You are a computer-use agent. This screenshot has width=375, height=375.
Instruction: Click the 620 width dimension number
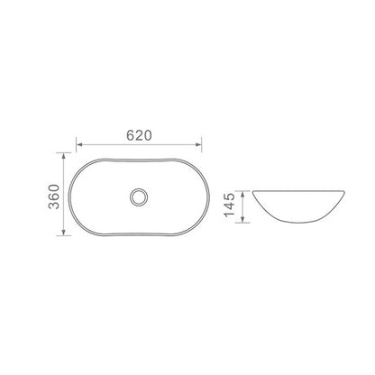coord(139,135)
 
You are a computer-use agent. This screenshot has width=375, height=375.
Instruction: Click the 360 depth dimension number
coord(54,197)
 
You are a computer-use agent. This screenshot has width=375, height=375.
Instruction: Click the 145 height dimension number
coord(229,205)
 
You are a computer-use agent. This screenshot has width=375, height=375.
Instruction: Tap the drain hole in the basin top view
coord(139,197)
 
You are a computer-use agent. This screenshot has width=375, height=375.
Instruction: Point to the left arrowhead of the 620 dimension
coord(79,144)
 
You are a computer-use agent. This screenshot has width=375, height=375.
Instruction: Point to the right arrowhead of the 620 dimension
coord(198,144)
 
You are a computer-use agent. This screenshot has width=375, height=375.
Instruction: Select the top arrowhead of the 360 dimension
coord(63,156)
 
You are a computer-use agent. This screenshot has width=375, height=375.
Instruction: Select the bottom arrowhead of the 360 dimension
coord(63,233)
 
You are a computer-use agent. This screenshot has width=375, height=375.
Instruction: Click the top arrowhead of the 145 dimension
coord(242,194)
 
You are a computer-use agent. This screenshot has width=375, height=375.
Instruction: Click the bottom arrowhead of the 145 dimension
coord(242,219)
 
